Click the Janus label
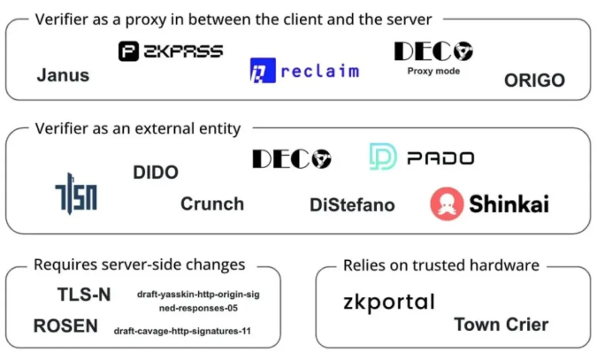coord(63,75)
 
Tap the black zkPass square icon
coord(129,51)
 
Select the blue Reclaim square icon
coord(263,71)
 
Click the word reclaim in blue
coord(320,72)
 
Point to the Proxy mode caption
coord(433,72)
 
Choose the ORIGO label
coord(534,80)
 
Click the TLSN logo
coord(76,194)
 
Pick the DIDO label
coord(156,172)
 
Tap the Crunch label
coord(212,203)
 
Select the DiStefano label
coord(352,205)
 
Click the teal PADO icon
coord(383,157)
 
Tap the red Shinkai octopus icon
coord(447,203)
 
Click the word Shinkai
coord(509,203)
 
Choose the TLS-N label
coord(84,295)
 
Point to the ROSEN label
coord(65,326)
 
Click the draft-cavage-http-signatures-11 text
coord(182,331)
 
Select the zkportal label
coord(389,303)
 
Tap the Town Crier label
coord(501,325)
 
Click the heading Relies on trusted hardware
coord(441,265)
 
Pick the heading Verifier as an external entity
coord(138,128)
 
